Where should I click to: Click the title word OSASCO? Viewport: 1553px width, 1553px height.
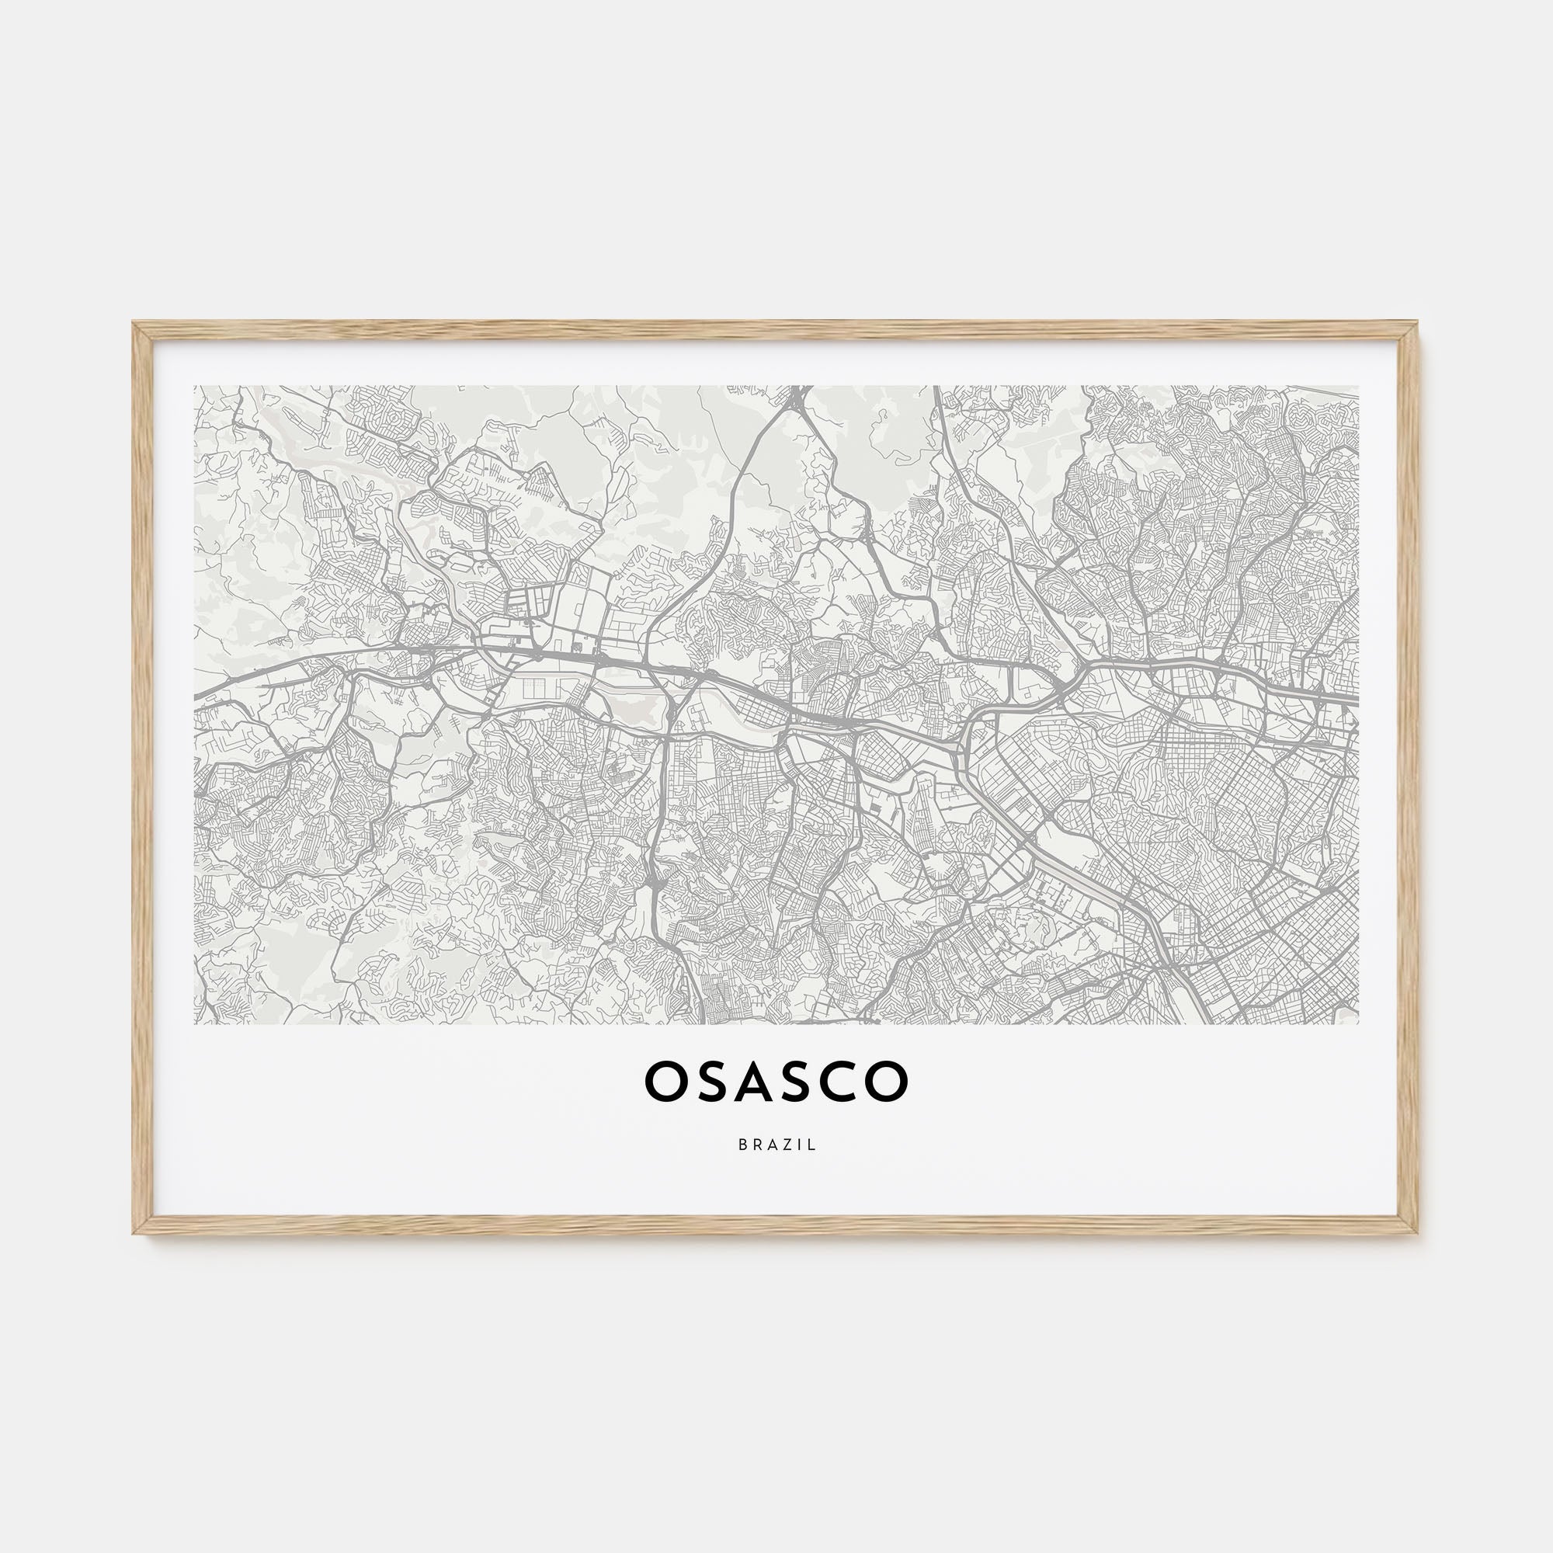tap(776, 1082)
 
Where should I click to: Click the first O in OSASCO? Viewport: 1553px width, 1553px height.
tap(665, 1082)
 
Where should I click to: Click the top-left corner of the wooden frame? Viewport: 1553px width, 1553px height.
tap(134, 323)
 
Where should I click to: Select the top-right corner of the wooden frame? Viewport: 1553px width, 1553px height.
tap(1418, 323)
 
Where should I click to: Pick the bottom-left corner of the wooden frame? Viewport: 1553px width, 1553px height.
tap(134, 1232)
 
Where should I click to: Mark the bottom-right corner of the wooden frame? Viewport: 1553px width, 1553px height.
tap(1418, 1232)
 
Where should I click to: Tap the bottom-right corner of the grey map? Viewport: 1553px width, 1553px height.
tap(1358, 1023)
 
